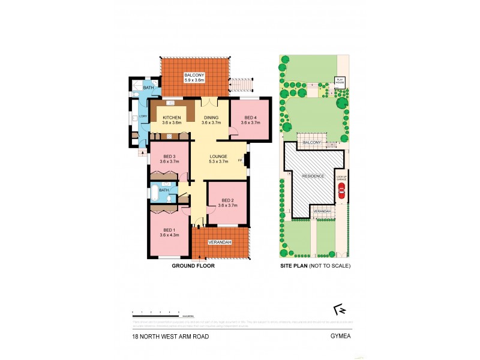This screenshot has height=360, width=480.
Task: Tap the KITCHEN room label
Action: [172, 118]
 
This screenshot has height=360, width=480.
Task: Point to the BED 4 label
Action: [248, 118]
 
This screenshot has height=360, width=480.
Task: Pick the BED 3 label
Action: [170, 157]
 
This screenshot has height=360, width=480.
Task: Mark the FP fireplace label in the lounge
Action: [240, 161]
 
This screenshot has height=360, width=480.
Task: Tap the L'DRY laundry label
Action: [143, 116]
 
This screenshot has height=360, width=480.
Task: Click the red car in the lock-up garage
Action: [341, 190]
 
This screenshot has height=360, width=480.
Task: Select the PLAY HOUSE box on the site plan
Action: [339, 80]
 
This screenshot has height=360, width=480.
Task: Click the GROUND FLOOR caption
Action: [193, 265]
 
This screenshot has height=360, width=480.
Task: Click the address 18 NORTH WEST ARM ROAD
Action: [171, 337]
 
